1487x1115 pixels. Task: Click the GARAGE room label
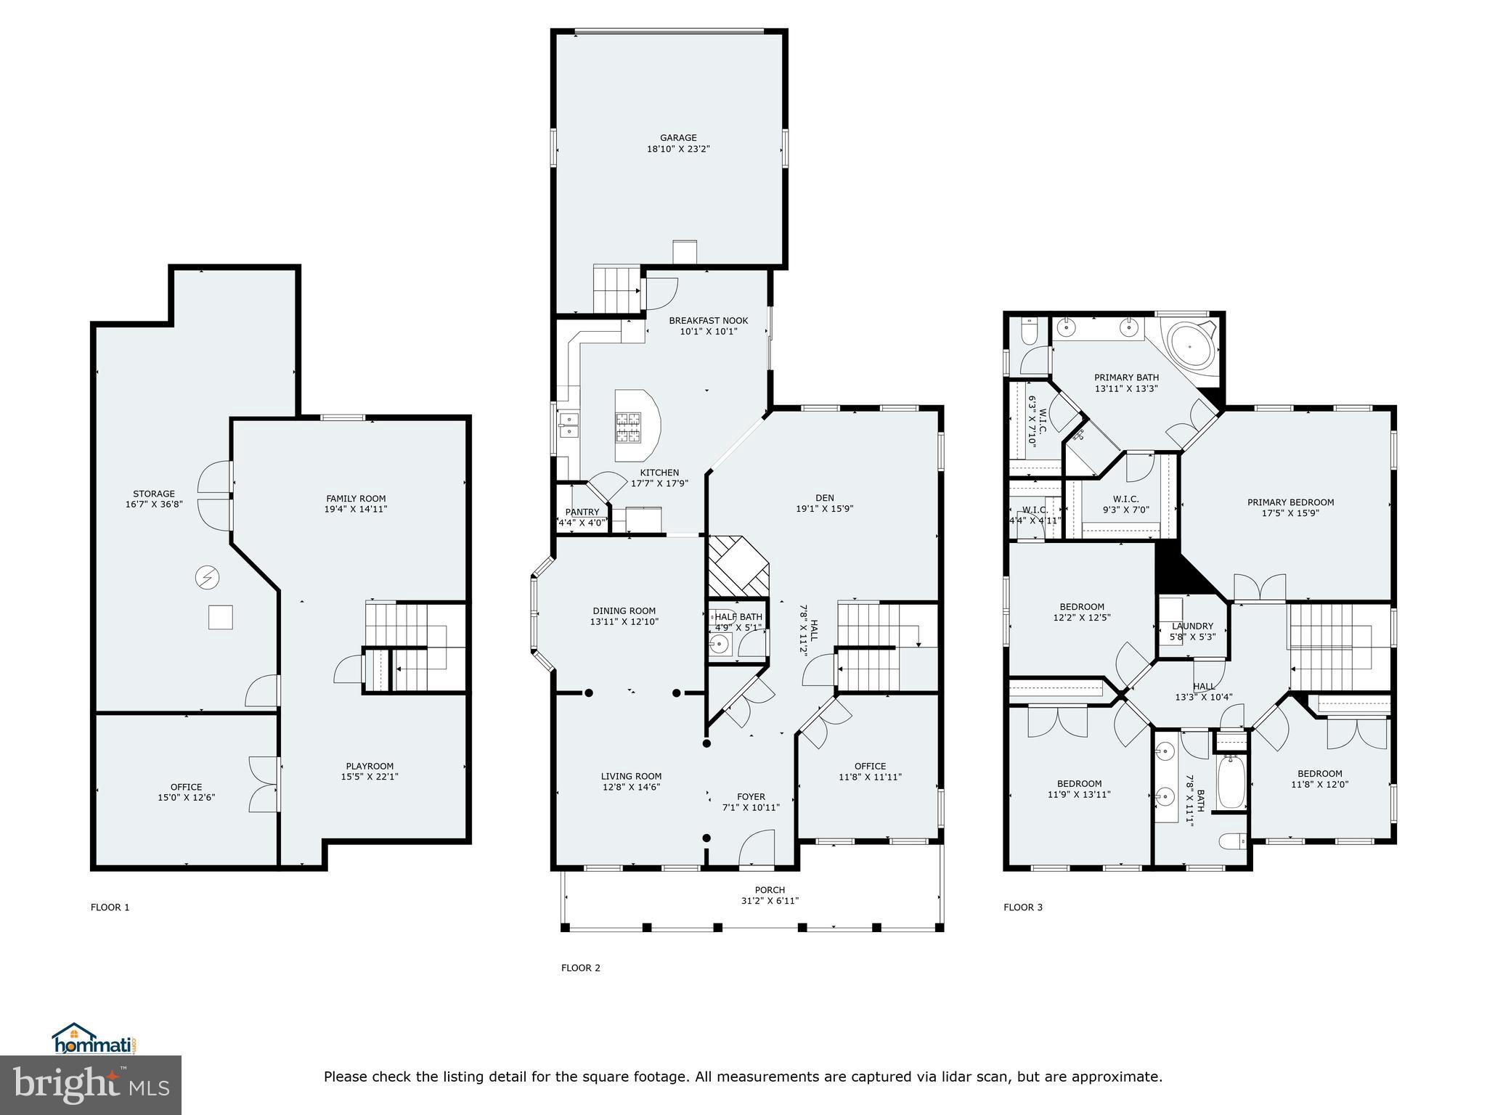pos(678,138)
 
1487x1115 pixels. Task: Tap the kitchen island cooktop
pos(627,428)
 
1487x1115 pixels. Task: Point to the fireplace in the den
pos(738,566)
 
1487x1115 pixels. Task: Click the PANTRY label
pos(582,512)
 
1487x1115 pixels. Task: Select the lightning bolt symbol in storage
pos(207,578)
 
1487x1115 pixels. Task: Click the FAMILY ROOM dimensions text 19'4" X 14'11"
pos(356,509)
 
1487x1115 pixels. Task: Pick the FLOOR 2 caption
pos(580,968)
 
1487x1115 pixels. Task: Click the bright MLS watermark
pos(91,1085)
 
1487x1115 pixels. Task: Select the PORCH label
pos(770,890)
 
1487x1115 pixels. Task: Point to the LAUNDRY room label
pos(1192,626)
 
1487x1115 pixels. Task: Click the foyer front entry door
pos(757,849)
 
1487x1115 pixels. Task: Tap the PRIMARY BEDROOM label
pos(1290,502)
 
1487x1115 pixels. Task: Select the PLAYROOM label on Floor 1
pos(370,766)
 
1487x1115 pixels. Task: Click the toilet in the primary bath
pos(1030,332)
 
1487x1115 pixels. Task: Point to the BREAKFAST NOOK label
pos(708,320)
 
